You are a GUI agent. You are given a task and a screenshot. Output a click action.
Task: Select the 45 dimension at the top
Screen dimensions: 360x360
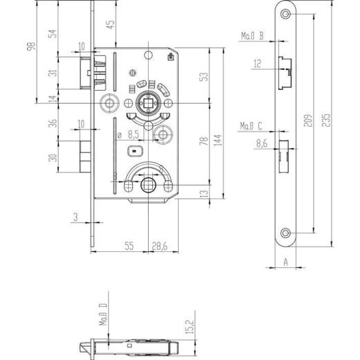point(109,26)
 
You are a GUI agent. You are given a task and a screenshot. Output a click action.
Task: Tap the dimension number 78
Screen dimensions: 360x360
point(204,141)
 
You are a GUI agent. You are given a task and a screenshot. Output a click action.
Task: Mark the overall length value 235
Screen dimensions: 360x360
point(323,125)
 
